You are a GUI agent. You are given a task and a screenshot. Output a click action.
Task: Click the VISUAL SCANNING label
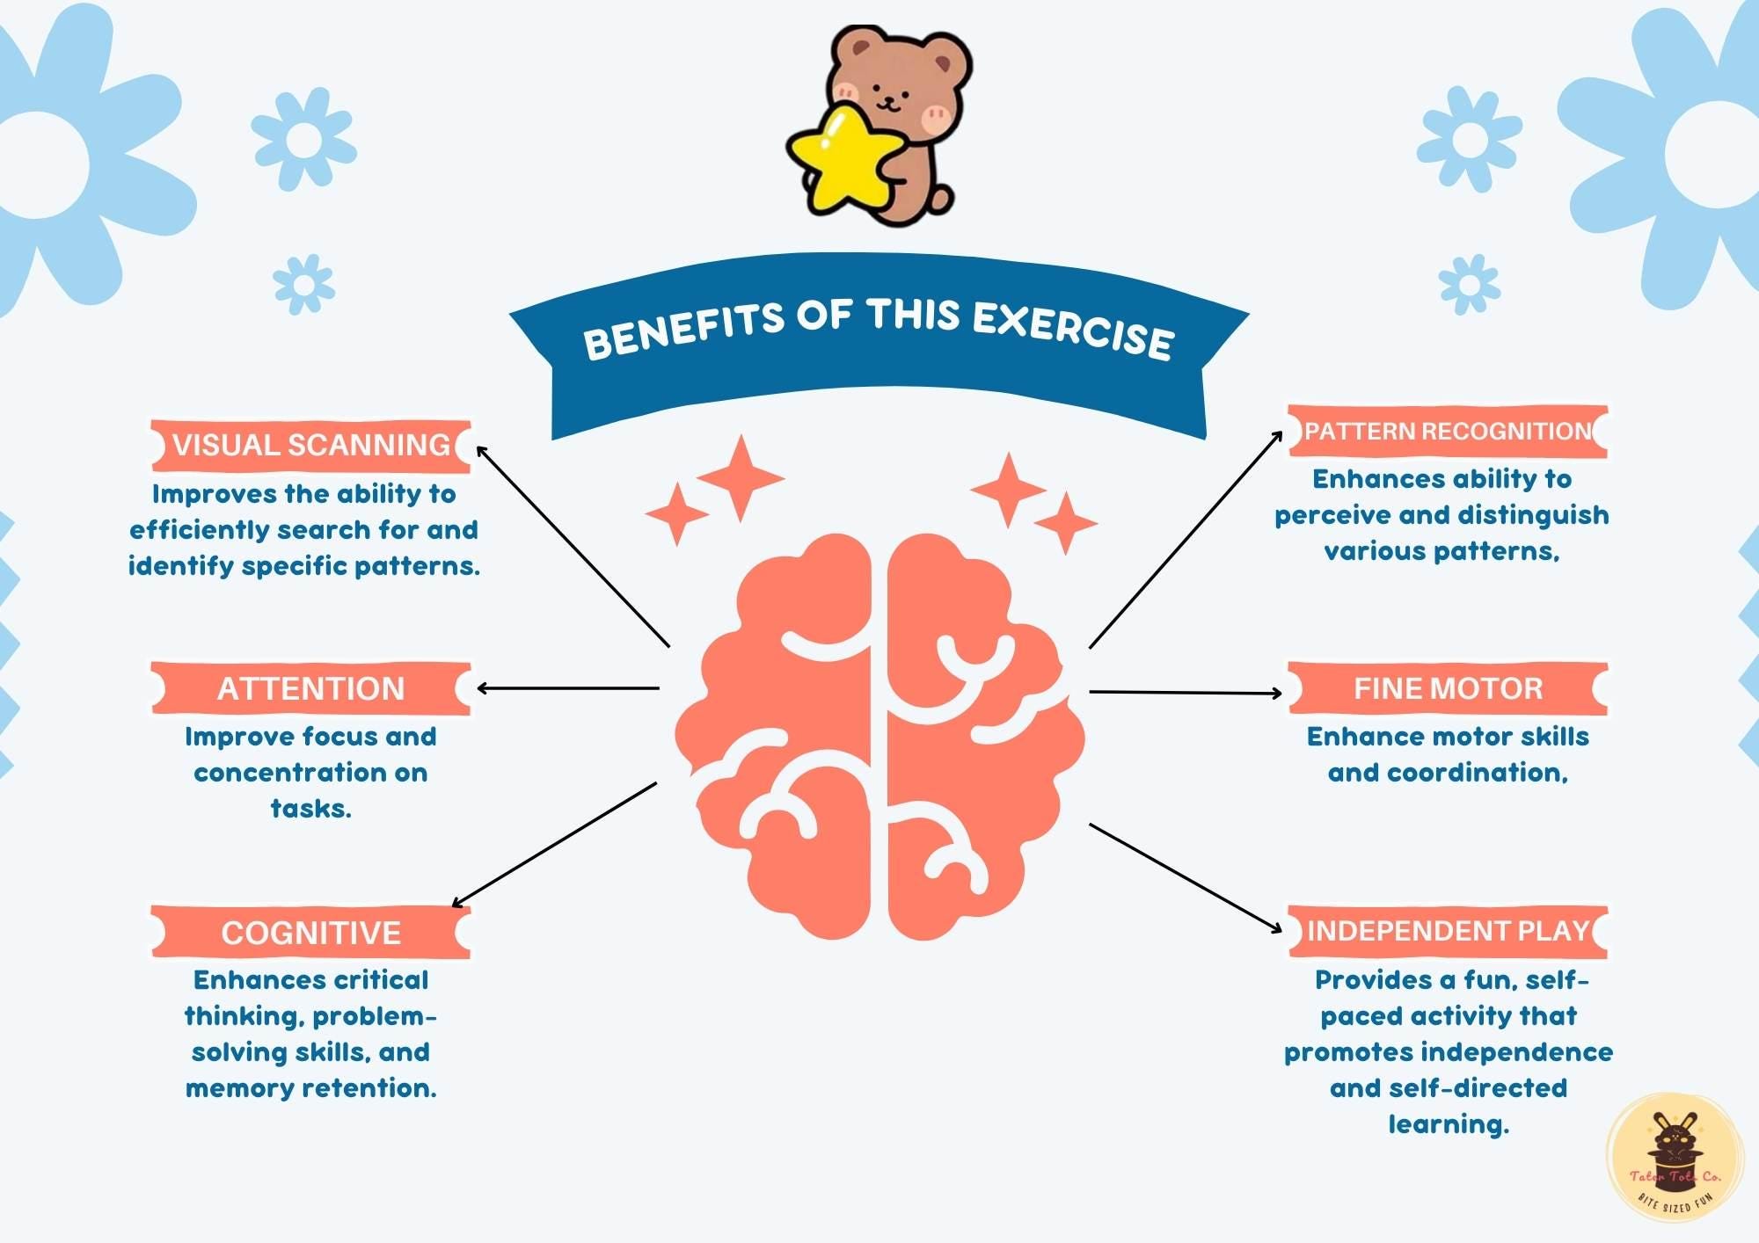coord(310,446)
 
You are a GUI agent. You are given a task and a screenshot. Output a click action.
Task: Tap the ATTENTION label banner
coord(310,688)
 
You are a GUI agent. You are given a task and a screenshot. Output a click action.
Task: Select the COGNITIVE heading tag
coord(310,932)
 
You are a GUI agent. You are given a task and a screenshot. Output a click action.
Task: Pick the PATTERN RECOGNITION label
coord(1448,432)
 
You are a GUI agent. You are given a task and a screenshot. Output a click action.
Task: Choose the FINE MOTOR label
coord(1448,688)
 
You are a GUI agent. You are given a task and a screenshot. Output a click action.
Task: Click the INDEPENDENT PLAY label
coord(1448,931)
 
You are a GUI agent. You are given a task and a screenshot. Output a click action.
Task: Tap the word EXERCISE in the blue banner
coord(1073,330)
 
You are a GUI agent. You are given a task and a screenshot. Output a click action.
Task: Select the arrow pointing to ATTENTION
coord(567,688)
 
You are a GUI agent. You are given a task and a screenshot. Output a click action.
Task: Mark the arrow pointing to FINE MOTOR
coord(1186,693)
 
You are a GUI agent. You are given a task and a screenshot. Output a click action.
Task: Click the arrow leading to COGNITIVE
coord(554,844)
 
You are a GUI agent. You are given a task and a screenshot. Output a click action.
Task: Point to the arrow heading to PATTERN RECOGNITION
coord(1186,540)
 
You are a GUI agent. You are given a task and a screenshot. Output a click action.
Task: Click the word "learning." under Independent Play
coord(1448,1124)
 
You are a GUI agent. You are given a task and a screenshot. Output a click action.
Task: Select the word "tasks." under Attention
coord(310,809)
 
